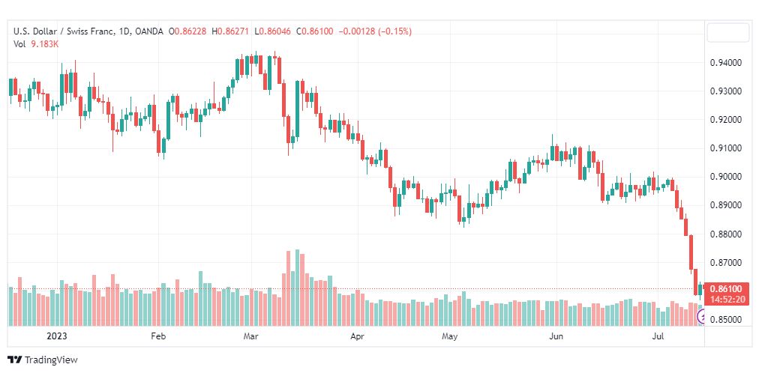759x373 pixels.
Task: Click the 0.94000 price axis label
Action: [x=725, y=63]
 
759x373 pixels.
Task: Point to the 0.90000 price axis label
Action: [x=725, y=177]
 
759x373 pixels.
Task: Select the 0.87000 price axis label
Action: [x=725, y=263]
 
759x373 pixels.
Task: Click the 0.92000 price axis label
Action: [x=725, y=120]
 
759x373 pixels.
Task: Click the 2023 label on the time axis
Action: [x=57, y=336]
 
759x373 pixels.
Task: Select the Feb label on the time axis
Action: [x=158, y=336]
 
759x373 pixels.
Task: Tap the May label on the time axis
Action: [x=450, y=336]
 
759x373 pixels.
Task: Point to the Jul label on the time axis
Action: [x=658, y=336]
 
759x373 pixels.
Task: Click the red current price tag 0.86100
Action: [x=728, y=289]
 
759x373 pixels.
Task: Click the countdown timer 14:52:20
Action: [x=728, y=299]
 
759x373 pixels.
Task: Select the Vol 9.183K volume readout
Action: [x=36, y=43]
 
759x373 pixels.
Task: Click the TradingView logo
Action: [x=43, y=360]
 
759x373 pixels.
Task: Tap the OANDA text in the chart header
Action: [x=149, y=31]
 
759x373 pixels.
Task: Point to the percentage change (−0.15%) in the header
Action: [x=390, y=31]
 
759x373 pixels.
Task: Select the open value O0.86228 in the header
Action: [x=187, y=31]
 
